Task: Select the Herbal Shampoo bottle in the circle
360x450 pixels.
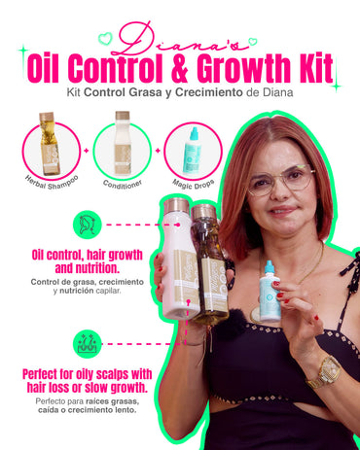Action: (47, 143)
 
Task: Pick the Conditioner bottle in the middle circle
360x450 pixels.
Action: (123, 143)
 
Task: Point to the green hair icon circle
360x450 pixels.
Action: (87, 224)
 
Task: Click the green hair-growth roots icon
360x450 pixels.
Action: (87, 343)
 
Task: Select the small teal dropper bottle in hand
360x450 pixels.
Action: (270, 292)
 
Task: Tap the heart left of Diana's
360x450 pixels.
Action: (105, 39)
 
